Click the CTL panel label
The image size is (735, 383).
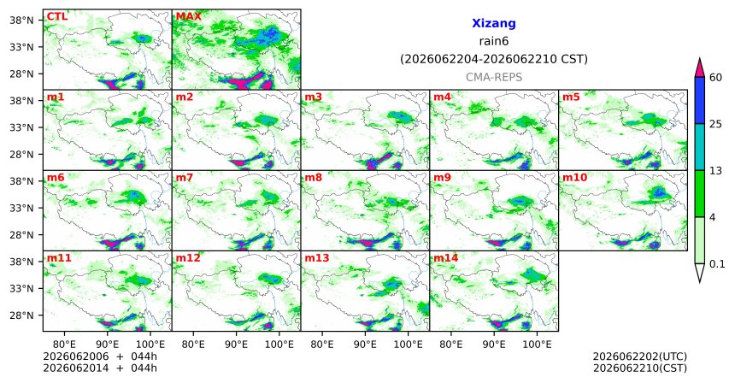(x=56, y=17)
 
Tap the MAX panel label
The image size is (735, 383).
(x=188, y=17)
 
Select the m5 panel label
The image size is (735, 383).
(x=571, y=97)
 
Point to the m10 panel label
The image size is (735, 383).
(x=574, y=178)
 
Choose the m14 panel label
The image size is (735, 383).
(x=446, y=258)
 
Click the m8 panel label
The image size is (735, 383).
(x=313, y=178)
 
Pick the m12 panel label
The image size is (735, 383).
(x=188, y=258)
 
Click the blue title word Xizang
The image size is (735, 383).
(x=494, y=23)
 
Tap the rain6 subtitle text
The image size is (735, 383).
(x=494, y=41)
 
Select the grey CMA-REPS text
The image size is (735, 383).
(x=494, y=77)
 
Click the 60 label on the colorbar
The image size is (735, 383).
(x=716, y=77)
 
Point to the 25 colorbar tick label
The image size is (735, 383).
(x=716, y=124)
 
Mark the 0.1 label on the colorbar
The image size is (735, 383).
(x=717, y=264)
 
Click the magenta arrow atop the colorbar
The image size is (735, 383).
(x=699, y=68)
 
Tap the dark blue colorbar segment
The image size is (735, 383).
(x=699, y=100)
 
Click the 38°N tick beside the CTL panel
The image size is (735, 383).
(x=22, y=21)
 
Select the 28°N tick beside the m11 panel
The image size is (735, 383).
(x=22, y=315)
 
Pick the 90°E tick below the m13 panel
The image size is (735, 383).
(x=365, y=345)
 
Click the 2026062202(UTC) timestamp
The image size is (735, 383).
(x=640, y=357)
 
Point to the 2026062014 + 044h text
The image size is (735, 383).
(x=100, y=368)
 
